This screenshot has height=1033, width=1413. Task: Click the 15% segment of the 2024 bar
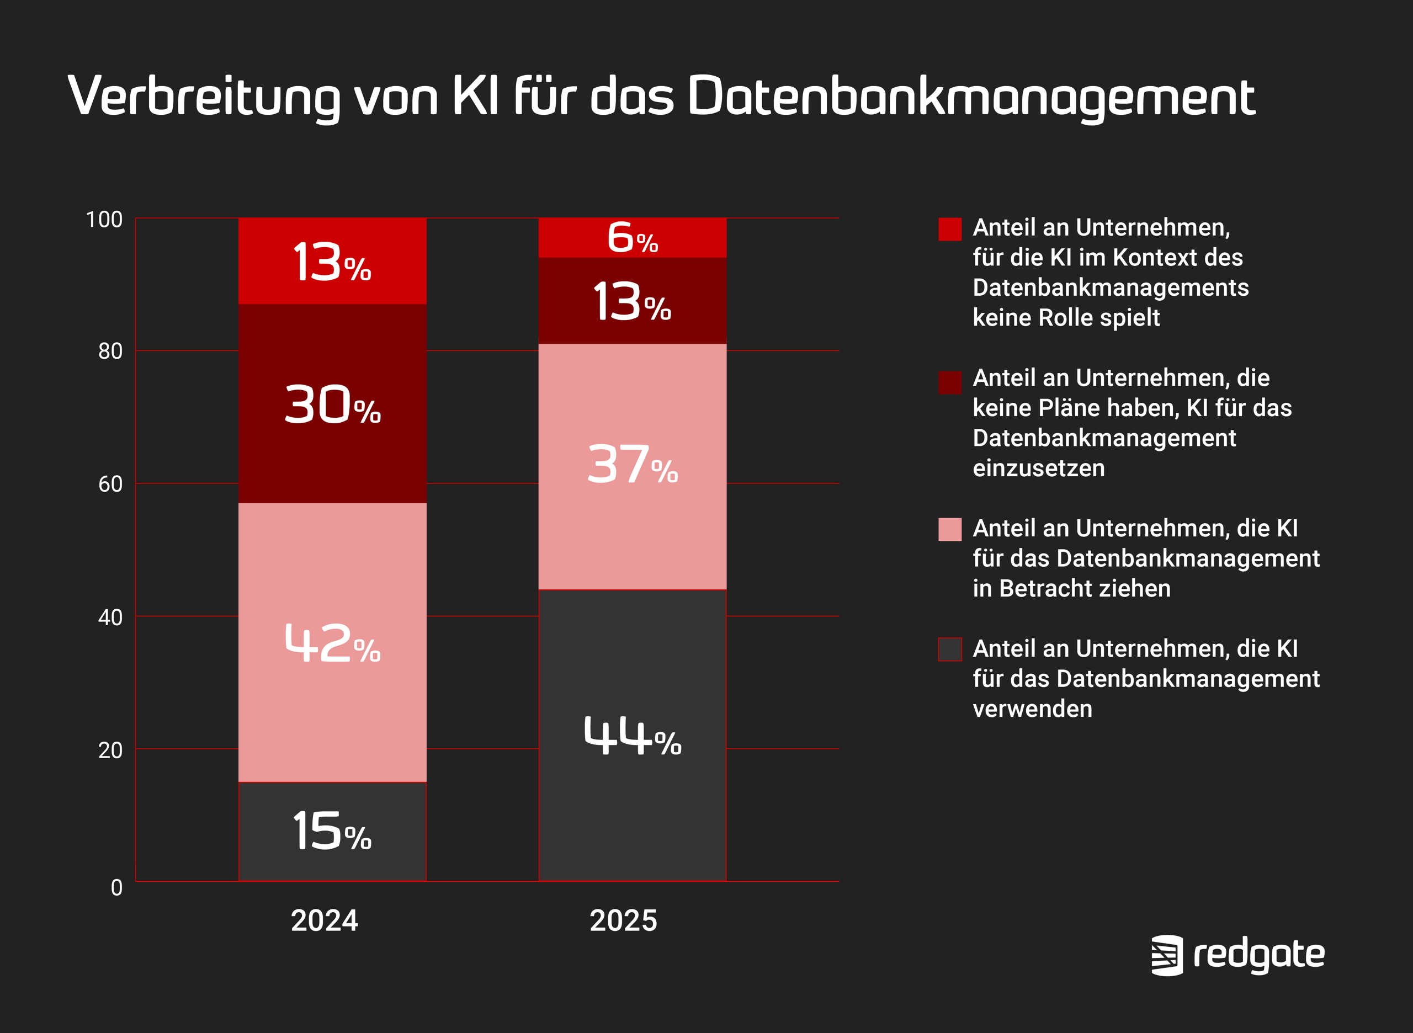tap(332, 831)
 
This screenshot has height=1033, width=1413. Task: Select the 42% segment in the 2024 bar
tap(332, 642)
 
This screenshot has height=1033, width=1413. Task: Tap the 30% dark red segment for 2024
tap(332, 404)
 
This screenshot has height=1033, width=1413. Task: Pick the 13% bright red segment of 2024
tap(332, 262)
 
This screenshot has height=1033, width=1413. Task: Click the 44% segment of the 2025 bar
tap(633, 736)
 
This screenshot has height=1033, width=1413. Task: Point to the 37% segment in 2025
tap(633, 466)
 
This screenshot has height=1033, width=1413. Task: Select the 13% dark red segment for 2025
tap(633, 301)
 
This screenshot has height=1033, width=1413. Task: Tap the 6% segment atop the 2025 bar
tap(633, 238)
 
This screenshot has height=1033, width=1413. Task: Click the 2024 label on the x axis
tap(324, 920)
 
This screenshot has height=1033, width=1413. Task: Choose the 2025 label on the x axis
tap(623, 920)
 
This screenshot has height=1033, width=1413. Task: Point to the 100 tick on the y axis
tap(104, 220)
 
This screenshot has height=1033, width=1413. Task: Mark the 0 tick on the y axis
tap(116, 888)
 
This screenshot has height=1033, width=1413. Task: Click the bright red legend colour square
tap(949, 229)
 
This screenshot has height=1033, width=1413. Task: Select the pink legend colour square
tap(949, 529)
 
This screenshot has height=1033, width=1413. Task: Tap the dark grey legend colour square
tap(949, 649)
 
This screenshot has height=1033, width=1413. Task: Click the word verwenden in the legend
tap(1032, 709)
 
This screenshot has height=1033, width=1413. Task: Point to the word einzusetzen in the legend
tap(1038, 468)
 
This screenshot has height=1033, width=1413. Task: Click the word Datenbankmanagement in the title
tap(971, 97)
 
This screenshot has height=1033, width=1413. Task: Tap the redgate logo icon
tap(1167, 955)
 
